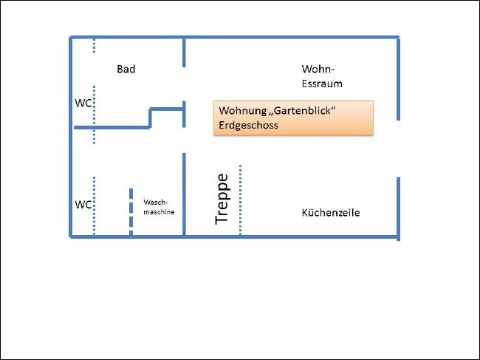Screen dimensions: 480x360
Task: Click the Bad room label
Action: pyautogui.click(x=126, y=69)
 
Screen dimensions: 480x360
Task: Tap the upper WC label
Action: pyautogui.click(x=83, y=103)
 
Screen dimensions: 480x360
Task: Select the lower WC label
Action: pyautogui.click(x=83, y=204)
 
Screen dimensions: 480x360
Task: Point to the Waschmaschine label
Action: pyautogui.click(x=159, y=207)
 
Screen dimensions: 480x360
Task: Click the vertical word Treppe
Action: pyautogui.click(x=222, y=199)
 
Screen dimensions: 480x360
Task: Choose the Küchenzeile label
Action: pyautogui.click(x=331, y=213)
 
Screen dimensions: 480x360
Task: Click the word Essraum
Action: pyautogui.click(x=322, y=84)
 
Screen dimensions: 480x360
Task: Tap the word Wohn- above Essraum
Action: pyautogui.click(x=318, y=69)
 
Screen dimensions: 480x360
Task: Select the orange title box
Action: pyautogui.click(x=293, y=118)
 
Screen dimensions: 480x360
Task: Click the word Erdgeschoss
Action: pyautogui.click(x=248, y=125)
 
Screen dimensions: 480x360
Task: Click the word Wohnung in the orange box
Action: pyautogui.click(x=243, y=110)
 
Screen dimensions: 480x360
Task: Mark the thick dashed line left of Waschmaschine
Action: pyautogui.click(x=131, y=211)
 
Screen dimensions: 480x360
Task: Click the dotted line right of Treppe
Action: pyautogui.click(x=240, y=200)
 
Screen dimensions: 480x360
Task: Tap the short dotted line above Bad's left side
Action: pyautogui.click(x=94, y=46)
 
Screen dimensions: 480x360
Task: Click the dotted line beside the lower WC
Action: pyautogui.click(x=94, y=206)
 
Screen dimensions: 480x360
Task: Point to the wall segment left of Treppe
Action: pyautogui.click(x=184, y=194)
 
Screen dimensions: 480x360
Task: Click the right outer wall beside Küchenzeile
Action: pyautogui.click(x=398, y=209)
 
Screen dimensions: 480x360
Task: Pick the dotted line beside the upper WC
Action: pyautogui.click(x=94, y=115)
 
